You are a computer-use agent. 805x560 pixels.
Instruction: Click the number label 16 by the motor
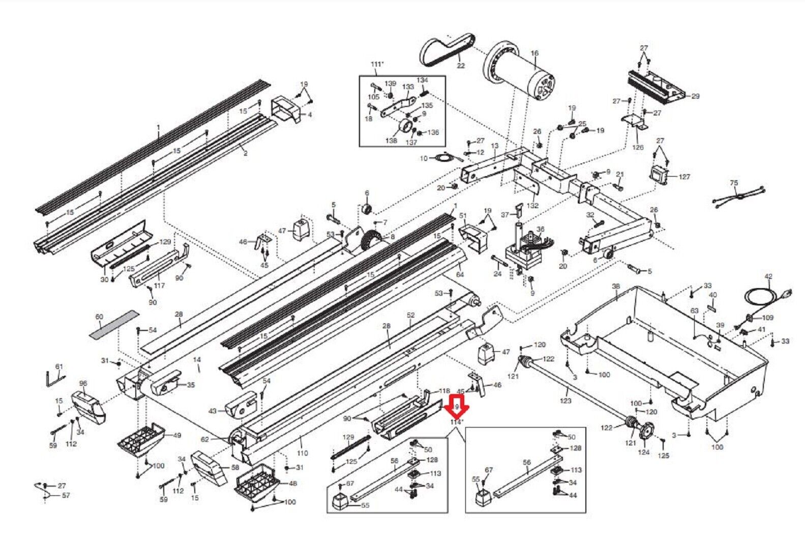click(x=534, y=53)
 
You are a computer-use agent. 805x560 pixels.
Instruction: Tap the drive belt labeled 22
click(x=447, y=49)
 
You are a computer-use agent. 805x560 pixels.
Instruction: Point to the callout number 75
click(x=733, y=183)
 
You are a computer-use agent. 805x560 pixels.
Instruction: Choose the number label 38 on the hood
click(x=616, y=287)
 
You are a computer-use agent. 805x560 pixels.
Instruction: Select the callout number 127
click(x=684, y=177)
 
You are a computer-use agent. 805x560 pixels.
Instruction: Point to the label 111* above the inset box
click(x=377, y=64)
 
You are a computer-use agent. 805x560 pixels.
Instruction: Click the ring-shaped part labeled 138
click(x=406, y=126)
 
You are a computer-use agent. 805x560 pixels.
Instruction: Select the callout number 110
click(x=303, y=453)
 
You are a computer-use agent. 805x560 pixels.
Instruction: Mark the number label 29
click(x=695, y=96)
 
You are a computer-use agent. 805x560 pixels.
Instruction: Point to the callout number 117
click(x=160, y=286)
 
